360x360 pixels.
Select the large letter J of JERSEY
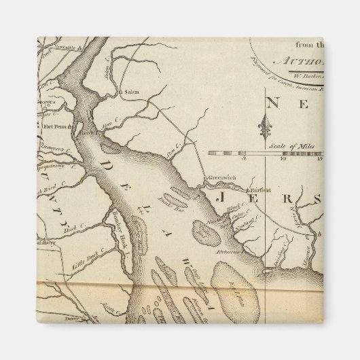221,198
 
